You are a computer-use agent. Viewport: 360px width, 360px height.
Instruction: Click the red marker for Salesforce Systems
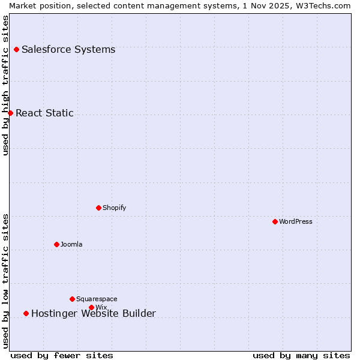click(16, 49)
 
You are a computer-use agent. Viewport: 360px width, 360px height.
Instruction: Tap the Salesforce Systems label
click(68, 49)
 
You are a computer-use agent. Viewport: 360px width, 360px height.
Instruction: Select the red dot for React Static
click(10, 113)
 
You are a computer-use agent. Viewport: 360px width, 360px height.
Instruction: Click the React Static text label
click(44, 113)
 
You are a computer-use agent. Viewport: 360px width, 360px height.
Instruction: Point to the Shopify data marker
click(98, 208)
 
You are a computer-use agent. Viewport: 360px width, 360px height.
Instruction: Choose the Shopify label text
click(114, 208)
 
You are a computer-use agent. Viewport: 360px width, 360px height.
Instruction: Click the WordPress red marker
click(275, 221)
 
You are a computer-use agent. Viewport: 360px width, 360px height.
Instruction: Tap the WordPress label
click(295, 221)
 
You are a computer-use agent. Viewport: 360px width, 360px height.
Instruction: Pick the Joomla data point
click(56, 244)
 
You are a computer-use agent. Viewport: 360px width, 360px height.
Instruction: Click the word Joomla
click(71, 244)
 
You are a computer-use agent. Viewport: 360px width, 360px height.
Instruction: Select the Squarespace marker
click(72, 299)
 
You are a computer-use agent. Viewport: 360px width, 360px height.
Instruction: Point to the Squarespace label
click(97, 299)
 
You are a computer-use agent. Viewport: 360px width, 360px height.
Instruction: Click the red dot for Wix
click(91, 307)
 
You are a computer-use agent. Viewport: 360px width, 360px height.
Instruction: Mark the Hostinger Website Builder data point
click(26, 313)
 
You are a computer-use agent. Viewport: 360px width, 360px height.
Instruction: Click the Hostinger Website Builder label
click(93, 313)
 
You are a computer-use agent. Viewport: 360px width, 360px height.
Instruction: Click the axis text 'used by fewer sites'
click(62, 355)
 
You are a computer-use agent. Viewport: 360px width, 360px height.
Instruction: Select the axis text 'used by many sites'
click(301, 355)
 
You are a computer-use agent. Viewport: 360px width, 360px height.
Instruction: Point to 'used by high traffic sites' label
click(5, 85)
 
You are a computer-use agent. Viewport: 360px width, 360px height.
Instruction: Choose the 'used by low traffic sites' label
click(5, 281)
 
